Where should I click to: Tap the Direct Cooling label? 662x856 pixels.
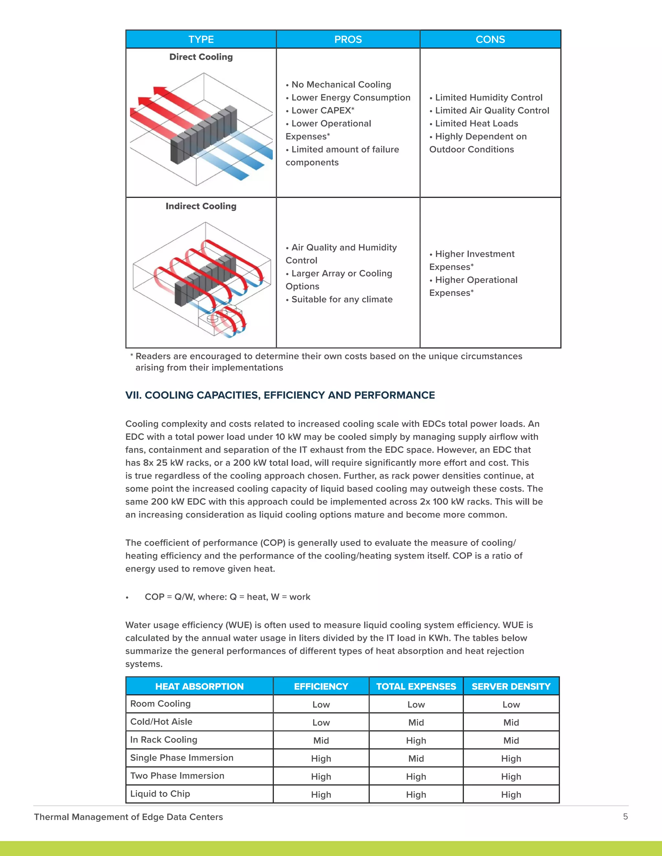(x=201, y=57)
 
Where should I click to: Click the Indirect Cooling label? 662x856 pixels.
(x=201, y=206)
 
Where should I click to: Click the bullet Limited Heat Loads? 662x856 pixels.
(x=476, y=123)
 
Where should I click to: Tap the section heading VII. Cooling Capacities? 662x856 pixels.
(x=280, y=395)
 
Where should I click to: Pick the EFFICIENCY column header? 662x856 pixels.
(x=321, y=686)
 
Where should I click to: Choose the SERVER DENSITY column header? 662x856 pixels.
(x=511, y=686)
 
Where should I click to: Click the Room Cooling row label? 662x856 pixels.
(x=160, y=704)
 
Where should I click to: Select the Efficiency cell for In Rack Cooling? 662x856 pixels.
(x=321, y=740)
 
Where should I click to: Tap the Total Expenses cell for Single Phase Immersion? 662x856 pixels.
(x=416, y=758)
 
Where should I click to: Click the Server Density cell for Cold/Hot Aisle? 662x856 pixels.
(x=511, y=722)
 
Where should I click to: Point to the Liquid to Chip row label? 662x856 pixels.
(x=160, y=794)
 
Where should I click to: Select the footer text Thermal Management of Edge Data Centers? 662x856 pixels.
(x=128, y=817)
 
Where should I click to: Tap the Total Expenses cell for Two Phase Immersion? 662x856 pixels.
(x=416, y=777)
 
